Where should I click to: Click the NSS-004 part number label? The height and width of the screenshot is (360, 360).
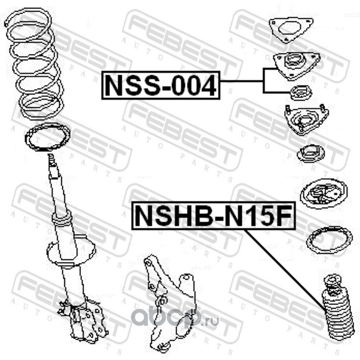point(161,85)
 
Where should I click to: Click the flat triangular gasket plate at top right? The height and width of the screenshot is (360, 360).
point(291,30)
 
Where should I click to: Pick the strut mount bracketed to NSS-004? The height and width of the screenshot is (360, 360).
point(297,66)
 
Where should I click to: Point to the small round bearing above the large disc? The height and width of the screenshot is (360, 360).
point(311,154)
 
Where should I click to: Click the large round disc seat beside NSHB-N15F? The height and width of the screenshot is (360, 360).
point(324,193)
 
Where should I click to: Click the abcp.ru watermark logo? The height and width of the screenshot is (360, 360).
point(175,317)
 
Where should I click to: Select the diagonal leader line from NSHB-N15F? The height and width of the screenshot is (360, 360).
point(285,271)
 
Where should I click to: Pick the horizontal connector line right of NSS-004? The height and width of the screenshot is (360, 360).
point(242,81)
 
